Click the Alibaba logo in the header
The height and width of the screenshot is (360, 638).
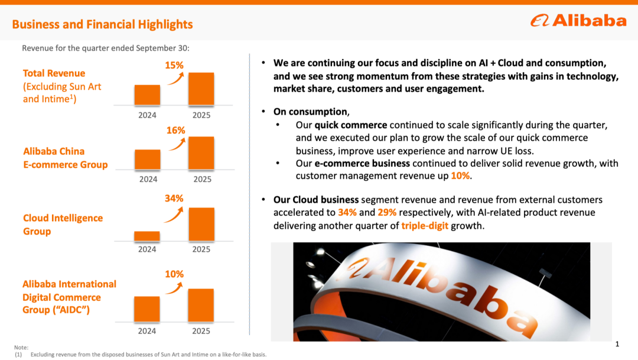pos(578,21)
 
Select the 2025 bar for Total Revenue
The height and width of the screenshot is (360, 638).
pos(201,89)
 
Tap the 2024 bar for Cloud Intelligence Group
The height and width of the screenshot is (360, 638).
pos(147,236)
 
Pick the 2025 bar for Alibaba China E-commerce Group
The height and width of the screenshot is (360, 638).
pos(201,153)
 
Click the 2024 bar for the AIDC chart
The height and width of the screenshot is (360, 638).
pos(147,309)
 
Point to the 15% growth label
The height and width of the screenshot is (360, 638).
pos(174,65)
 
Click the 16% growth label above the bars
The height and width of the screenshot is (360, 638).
pos(175,130)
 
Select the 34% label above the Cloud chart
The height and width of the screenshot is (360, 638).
pos(174,199)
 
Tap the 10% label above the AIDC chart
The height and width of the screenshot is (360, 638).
pos(174,274)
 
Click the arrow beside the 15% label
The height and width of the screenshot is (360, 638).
pos(175,79)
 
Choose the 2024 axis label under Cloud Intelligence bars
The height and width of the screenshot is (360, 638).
pos(147,249)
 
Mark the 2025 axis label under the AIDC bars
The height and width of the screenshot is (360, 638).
pos(201,331)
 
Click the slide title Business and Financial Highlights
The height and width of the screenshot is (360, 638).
pos(102,24)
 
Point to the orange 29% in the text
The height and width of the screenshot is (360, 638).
pos(386,212)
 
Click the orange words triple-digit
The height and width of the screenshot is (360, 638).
pos(425,225)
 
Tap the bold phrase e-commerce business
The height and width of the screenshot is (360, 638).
pos(362,163)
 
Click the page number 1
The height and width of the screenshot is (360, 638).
pos(617,344)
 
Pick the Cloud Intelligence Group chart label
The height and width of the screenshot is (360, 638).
pos(63,225)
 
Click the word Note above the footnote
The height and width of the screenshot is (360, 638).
pos(21,348)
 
